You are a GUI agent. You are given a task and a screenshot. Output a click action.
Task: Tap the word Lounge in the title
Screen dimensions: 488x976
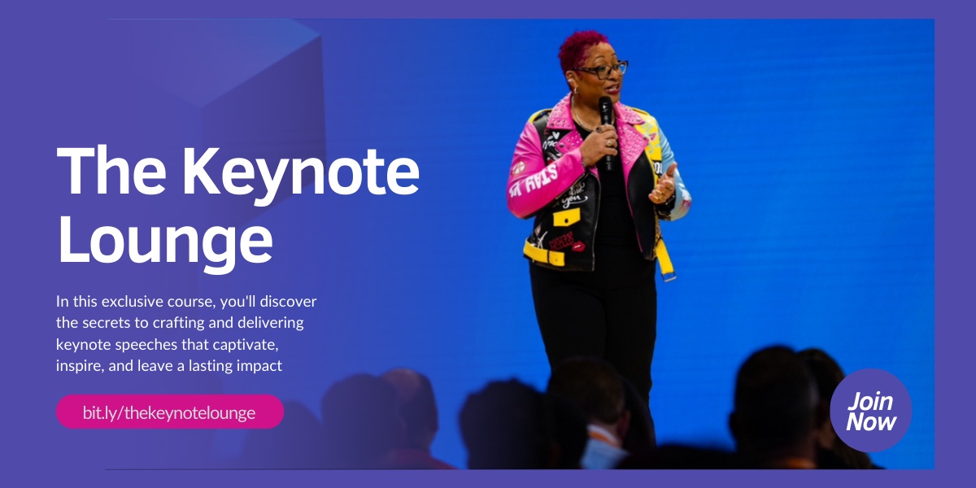tap(165, 242)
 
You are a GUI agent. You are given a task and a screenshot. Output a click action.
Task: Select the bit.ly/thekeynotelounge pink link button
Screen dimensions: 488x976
tap(169, 412)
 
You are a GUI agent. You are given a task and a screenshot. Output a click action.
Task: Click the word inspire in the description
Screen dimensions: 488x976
tap(78, 366)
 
